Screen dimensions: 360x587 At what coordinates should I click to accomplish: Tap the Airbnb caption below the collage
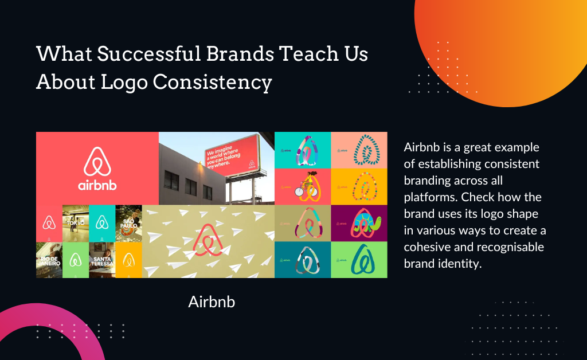pyautogui.click(x=212, y=302)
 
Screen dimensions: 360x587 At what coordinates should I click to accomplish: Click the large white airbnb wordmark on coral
pyautogui.click(x=97, y=186)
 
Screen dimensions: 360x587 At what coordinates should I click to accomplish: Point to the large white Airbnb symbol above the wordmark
pyautogui.click(x=97, y=161)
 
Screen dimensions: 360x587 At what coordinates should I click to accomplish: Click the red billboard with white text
pyautogui.click(x=230, y=156)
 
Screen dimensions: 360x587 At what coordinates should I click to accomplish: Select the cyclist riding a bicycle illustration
pyautogui.click(x=305, y=186)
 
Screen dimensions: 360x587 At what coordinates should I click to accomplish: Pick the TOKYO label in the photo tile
pyautogui.click(x=75, y=222)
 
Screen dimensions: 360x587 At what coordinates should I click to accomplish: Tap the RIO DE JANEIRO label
pyautogui.click(x=49, y=262)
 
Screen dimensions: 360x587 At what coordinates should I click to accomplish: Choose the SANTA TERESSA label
pyautogui.click(x=101, y=262)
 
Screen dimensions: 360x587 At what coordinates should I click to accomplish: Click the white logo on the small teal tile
pyautogui.click(x=102, y=222)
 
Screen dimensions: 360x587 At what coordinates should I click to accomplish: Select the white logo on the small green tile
pyautogui.click(x=75, y=260)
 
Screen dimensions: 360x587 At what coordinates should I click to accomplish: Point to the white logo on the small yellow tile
pyautogui.click(x=128, y=260)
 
